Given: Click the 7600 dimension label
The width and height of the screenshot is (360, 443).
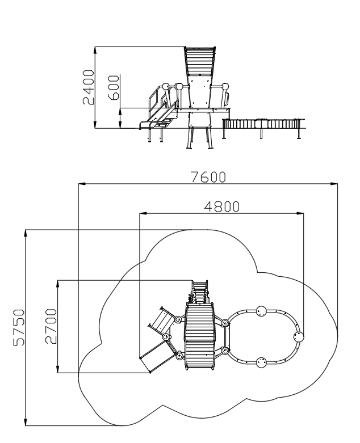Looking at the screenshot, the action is click(x=208, y=177).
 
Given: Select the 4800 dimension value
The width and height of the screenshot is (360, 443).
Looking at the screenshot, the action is click(x=222, y=207).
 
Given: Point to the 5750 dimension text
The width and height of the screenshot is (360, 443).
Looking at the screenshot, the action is click(x=19, y=327).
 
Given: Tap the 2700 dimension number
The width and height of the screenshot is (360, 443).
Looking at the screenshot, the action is click(x=51, y=326).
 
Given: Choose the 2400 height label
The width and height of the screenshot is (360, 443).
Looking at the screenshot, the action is click(x=88, y=87).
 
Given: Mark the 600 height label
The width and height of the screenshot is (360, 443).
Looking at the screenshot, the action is click(x=114, y=87).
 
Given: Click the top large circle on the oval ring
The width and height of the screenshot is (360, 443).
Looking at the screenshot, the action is click(x=261, y=311).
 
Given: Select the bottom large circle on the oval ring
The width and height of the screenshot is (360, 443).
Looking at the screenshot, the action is click(x=261, y=362).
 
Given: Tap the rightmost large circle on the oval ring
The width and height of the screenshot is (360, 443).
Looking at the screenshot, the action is click(x=299, y=337).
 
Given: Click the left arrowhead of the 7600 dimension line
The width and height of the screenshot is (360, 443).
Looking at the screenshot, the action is click(x=82, y=184).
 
